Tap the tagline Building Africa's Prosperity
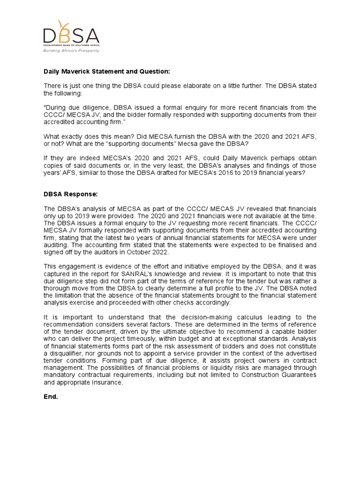coord(71,50)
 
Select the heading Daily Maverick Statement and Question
coord(107,71)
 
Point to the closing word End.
coord(51,396)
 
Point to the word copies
coord(54,166)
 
